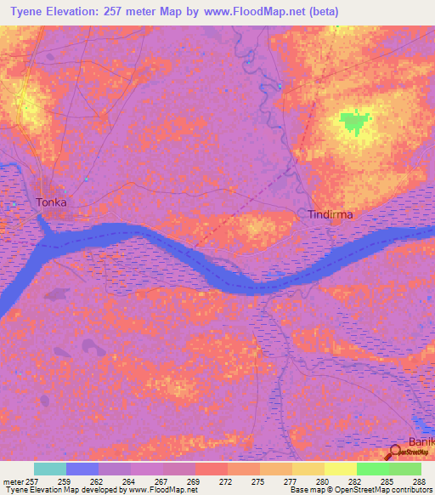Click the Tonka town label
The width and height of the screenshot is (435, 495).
click(51, 202)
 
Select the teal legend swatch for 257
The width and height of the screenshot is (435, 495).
click(50, 469)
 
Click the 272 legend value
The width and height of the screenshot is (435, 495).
click(225, 481)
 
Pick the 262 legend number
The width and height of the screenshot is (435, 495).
click(98, 481)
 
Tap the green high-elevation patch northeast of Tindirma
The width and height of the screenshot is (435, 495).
click(355, 122)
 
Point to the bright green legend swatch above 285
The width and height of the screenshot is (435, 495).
click(373, 469)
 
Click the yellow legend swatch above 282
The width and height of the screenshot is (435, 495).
click(341, 469)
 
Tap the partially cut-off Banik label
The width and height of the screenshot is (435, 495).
click(421, 442)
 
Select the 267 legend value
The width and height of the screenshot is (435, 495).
click(161, 481)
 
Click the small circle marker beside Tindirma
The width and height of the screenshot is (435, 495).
click(302, 212)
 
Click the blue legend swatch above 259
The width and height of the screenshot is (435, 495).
click(82, 469)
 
